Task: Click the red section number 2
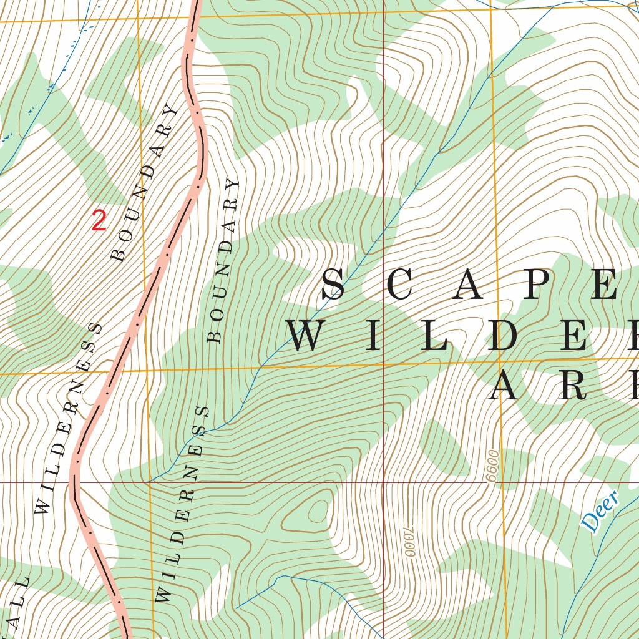coord(99,221)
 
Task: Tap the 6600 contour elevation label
coord(493,465)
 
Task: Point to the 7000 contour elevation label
coord(409,540)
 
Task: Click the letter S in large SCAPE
coord(334,285)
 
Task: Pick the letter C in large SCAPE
coord(401,285)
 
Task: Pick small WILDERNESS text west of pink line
coord(69,419)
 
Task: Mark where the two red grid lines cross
coord(383,482)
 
